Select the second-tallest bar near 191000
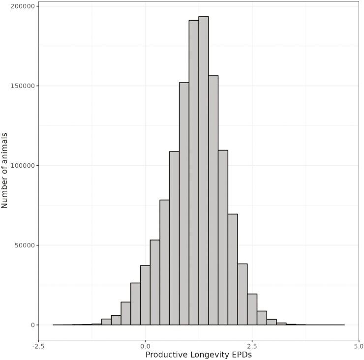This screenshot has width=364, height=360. coord(194,172)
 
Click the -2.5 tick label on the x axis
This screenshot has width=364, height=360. coord(38,346)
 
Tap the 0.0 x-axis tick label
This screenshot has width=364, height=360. coord(145,346)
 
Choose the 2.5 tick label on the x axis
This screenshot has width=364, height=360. coord(252,346)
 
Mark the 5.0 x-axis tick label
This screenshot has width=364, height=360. coord(359,346)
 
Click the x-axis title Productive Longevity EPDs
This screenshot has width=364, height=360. coord(198,355)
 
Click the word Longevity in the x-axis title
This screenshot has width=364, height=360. coord(206,355)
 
